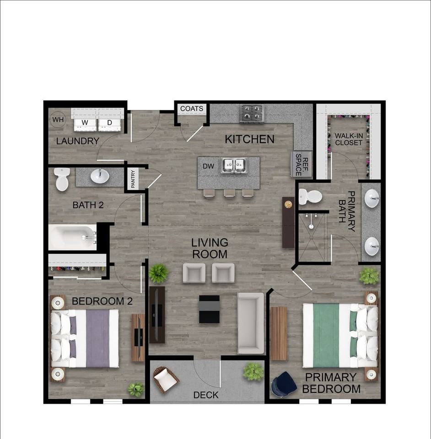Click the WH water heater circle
click(58, 120)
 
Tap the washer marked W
click(85, 122)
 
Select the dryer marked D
click(110, 122)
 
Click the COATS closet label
click(191, 109)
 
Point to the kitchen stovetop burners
click(252, 113)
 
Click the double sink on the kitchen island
click(234, 165)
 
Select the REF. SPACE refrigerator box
click(302, 164)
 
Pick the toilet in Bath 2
click(62, 179)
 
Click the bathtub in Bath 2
click(73, 237)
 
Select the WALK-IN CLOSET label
click(349, 139)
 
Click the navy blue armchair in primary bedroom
click(284, 385)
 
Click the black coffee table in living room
click(209, 309)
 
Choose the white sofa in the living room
click(251, 323)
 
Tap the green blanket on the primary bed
click(326, 336)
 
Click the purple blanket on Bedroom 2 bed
click(97, 338)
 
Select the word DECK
click(206, 395)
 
